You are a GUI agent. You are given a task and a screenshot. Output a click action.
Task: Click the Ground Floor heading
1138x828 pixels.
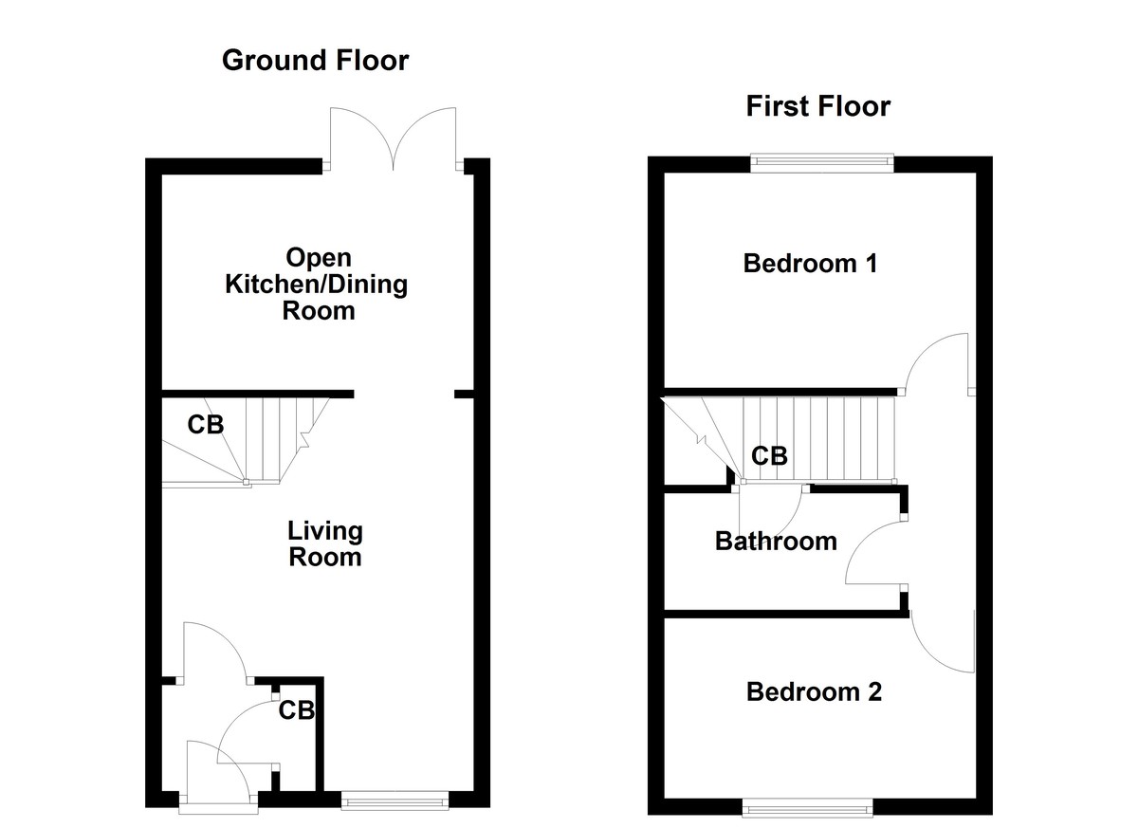(x=315, y=61)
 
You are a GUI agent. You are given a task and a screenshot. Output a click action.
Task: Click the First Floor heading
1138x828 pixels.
(x=817, y=106)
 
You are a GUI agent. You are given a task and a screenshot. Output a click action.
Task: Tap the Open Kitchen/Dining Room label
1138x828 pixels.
(x=317, y=284)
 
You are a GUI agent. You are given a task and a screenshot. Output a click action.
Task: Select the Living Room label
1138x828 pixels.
(x=325, y=543)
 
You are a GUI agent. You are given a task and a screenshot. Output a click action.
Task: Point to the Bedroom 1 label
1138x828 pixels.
(x=809, y=263)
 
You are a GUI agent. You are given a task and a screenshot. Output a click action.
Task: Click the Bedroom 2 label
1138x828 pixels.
(x=814, y=691)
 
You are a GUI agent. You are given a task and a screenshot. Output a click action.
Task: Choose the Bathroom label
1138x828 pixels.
(x=776, y=542)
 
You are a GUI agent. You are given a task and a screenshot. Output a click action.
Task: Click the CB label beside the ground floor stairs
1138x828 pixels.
(x=205, y=425)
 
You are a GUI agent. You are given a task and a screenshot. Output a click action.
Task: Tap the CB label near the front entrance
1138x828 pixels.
(x=296, y=709)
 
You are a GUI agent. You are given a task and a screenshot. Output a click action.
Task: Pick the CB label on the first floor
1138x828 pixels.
(x=769, y=456)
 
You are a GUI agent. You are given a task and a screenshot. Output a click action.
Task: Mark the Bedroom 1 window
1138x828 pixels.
(x=822, y=163)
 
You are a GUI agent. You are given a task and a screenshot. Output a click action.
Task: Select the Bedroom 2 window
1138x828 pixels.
(x=808, y=807)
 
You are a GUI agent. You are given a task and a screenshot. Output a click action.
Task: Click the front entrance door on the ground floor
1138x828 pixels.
(x=218, y=773)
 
